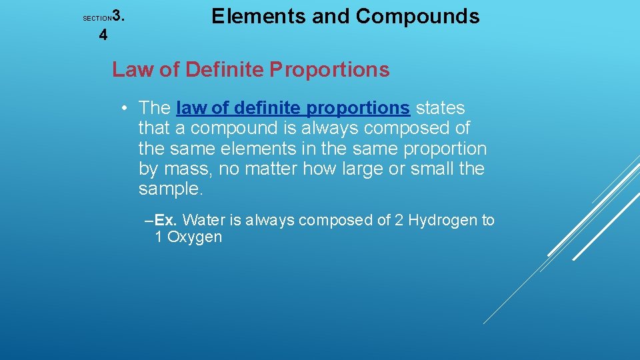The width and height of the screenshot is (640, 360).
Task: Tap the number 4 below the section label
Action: point(103,35)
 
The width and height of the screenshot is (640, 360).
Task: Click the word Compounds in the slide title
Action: point(417,17)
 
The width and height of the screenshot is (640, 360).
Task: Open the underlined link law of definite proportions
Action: point(293,108)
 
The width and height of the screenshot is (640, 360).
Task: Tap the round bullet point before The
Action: point(125,108)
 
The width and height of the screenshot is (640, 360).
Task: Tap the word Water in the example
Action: point(204,221)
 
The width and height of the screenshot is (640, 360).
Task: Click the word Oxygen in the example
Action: point(195,237)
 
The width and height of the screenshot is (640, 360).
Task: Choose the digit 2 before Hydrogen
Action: point(399,221)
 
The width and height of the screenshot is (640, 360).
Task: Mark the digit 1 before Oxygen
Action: point(159,237)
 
